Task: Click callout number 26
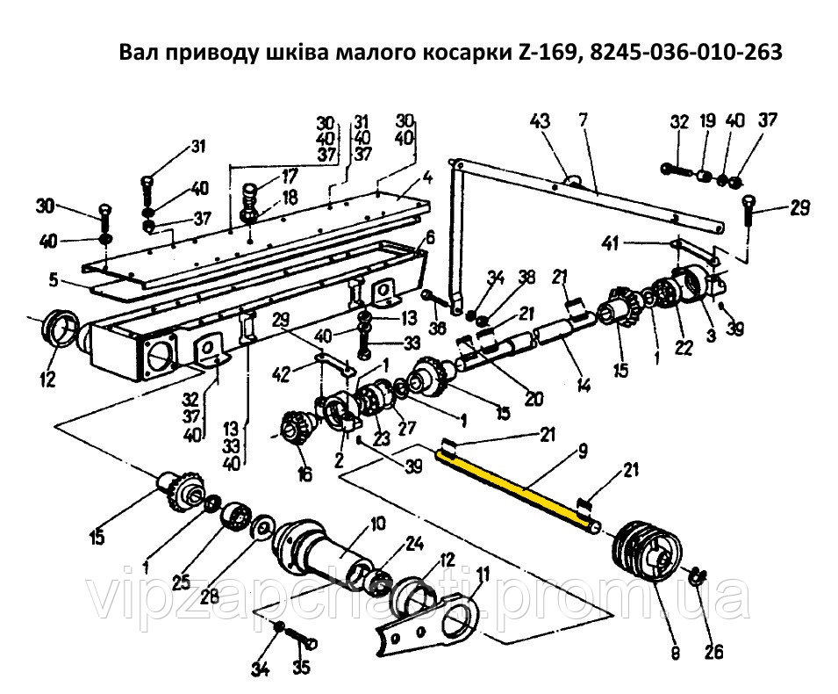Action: point(713,651)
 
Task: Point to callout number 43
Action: point(541,121)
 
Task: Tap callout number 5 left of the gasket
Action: point(54,280)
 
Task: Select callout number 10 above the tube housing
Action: point(377,524)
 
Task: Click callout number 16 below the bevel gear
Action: point(304,474)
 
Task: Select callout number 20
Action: point(534,398)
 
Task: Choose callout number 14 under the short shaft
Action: point(584,385)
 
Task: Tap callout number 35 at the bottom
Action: point(302,668)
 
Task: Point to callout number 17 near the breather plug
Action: point(289,176)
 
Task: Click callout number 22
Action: point(684,349)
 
